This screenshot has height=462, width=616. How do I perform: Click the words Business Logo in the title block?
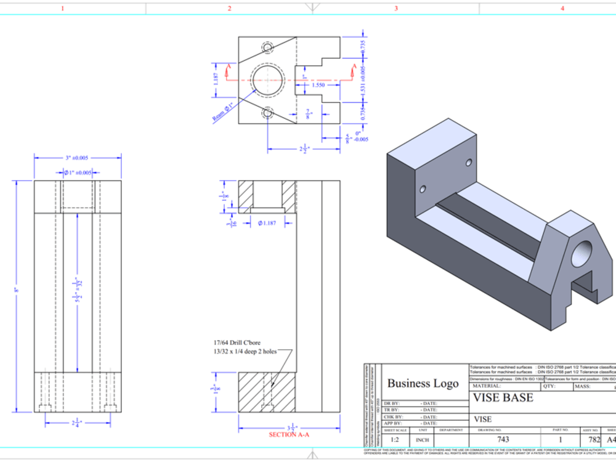click(423, 383)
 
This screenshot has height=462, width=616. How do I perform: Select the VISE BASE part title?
click(503, 398)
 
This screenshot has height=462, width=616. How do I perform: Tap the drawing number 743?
click(503, 440)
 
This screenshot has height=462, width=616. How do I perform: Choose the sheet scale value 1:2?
click(395, 440)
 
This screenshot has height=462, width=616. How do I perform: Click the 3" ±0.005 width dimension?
click(78, 158)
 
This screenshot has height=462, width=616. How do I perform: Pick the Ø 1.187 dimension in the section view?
click(269, 223)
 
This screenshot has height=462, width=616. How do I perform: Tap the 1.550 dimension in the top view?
click(318, 85)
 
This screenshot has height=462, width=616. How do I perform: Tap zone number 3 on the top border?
click(395, 9)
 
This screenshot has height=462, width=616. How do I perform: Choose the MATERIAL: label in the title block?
click(487, 386)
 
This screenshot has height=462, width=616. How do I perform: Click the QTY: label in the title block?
click(549, 386)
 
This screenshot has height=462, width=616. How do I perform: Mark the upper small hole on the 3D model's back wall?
click(469, 163)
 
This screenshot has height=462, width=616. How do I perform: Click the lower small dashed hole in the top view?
click(267, 113)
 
